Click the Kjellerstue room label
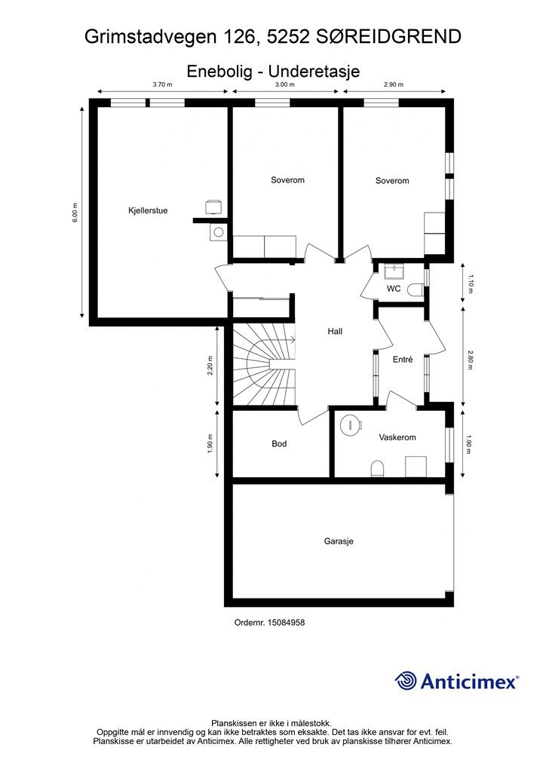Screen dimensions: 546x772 coord(148,211)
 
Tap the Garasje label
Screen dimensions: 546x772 coord(339,541)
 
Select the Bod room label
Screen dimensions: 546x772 coord(279,444)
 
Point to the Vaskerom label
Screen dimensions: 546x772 coord(397,437)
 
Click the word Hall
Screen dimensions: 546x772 coord(336,332)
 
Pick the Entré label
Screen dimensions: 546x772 coord(403,360)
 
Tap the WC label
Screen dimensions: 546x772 coord(394,289)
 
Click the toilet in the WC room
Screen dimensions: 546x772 coord(416,289)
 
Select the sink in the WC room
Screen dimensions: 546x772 coord(394,271)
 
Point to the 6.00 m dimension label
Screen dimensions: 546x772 coord(75,213)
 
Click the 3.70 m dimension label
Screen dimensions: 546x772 coord(162,84)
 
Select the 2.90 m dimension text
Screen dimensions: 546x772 coord(394,84)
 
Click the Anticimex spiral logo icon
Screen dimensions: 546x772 coord(406,681)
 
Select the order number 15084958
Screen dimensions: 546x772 coord(286,623)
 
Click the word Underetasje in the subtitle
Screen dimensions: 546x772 coord(314,72)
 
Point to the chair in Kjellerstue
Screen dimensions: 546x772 coord(213,207)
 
